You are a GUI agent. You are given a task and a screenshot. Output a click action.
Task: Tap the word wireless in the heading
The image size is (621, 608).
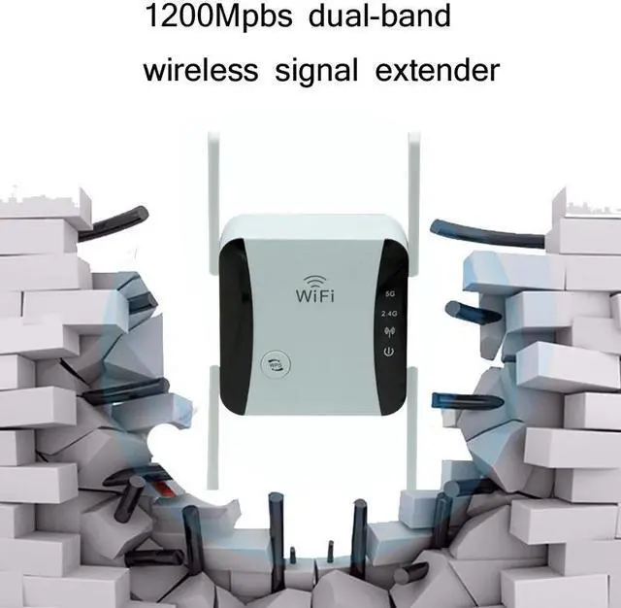click(x=201, y=70)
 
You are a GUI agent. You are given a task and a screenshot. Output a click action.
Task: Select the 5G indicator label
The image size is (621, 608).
click(x=389, y=290)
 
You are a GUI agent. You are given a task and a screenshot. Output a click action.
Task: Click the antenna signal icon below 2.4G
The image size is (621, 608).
click(x=388, y=330)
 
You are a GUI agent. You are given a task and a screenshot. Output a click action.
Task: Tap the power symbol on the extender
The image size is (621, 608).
click(x=388, y=351)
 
